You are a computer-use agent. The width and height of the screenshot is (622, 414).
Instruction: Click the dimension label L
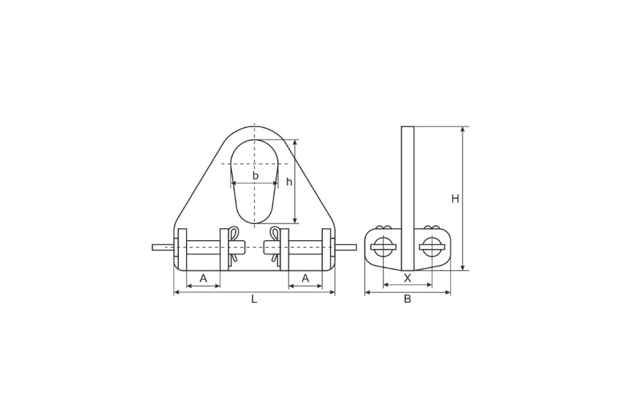254,299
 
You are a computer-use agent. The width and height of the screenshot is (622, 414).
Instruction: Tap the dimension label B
407,299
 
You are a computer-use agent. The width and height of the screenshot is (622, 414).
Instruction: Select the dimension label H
455,199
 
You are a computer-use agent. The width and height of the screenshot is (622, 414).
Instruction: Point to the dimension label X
407,278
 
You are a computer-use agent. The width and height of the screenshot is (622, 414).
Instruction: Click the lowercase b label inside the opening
255,175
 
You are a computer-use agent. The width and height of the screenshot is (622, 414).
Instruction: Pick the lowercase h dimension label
289,182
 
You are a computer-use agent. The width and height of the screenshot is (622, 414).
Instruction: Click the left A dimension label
203,278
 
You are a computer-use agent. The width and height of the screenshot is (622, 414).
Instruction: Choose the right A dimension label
305,278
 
